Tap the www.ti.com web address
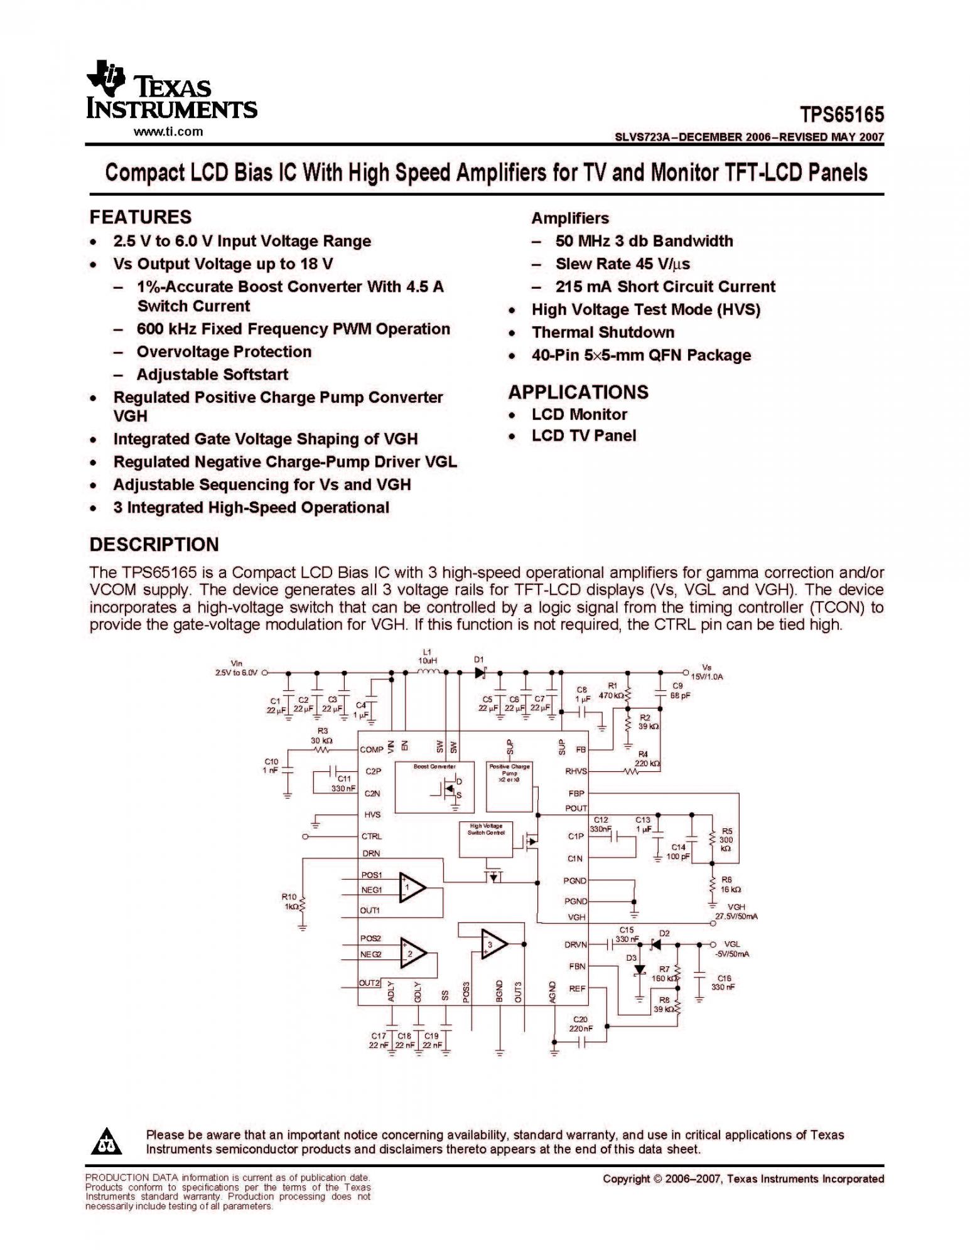click(x=168, y=132)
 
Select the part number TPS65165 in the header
click(x=841, y=115)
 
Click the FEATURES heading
click(x=140, y=217)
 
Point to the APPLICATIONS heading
click(x=578, y=392)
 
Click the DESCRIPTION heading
click(x=154, y=544)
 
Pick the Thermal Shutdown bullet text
click(x=603, y=332)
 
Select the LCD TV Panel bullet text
click(x=583, y=435)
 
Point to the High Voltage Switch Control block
click(x=485, y=838)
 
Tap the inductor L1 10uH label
click(x=427, y=656)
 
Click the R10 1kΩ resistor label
click(x=290, y=902)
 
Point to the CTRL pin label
click(x=372, y=836)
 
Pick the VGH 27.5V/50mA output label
click(x=736, y=912)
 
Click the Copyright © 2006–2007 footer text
click(x=743, y=1179)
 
